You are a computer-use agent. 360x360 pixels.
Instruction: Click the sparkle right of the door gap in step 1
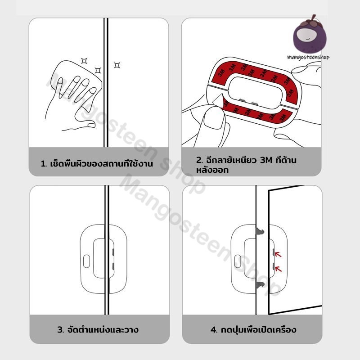pos(117,65)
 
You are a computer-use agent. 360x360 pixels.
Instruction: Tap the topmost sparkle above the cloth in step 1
pos(84,61)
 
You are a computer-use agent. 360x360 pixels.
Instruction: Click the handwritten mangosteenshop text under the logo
pos(308,57)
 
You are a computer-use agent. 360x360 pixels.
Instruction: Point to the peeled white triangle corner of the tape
pos(217,99)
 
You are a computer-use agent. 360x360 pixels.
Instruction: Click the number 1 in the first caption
pos(43,164)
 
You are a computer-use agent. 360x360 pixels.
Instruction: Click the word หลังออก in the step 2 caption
pos(212,170)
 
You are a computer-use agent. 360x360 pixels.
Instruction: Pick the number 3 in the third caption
pos(60,330)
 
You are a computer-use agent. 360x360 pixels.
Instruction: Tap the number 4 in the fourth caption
pos(213,330)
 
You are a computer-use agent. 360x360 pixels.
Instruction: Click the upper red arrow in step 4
pos(278,254)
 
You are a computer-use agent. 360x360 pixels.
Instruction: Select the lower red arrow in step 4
pos(278,269)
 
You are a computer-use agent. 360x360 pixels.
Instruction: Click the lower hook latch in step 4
pos(260,285)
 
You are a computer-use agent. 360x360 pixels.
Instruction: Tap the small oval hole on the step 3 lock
pos(86,261)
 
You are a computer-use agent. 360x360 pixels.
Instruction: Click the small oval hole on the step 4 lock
pos(238,261)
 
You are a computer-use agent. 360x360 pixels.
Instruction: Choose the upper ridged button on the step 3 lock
pos(113,252)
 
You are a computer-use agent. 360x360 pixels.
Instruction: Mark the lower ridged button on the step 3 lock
pos(113,266)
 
